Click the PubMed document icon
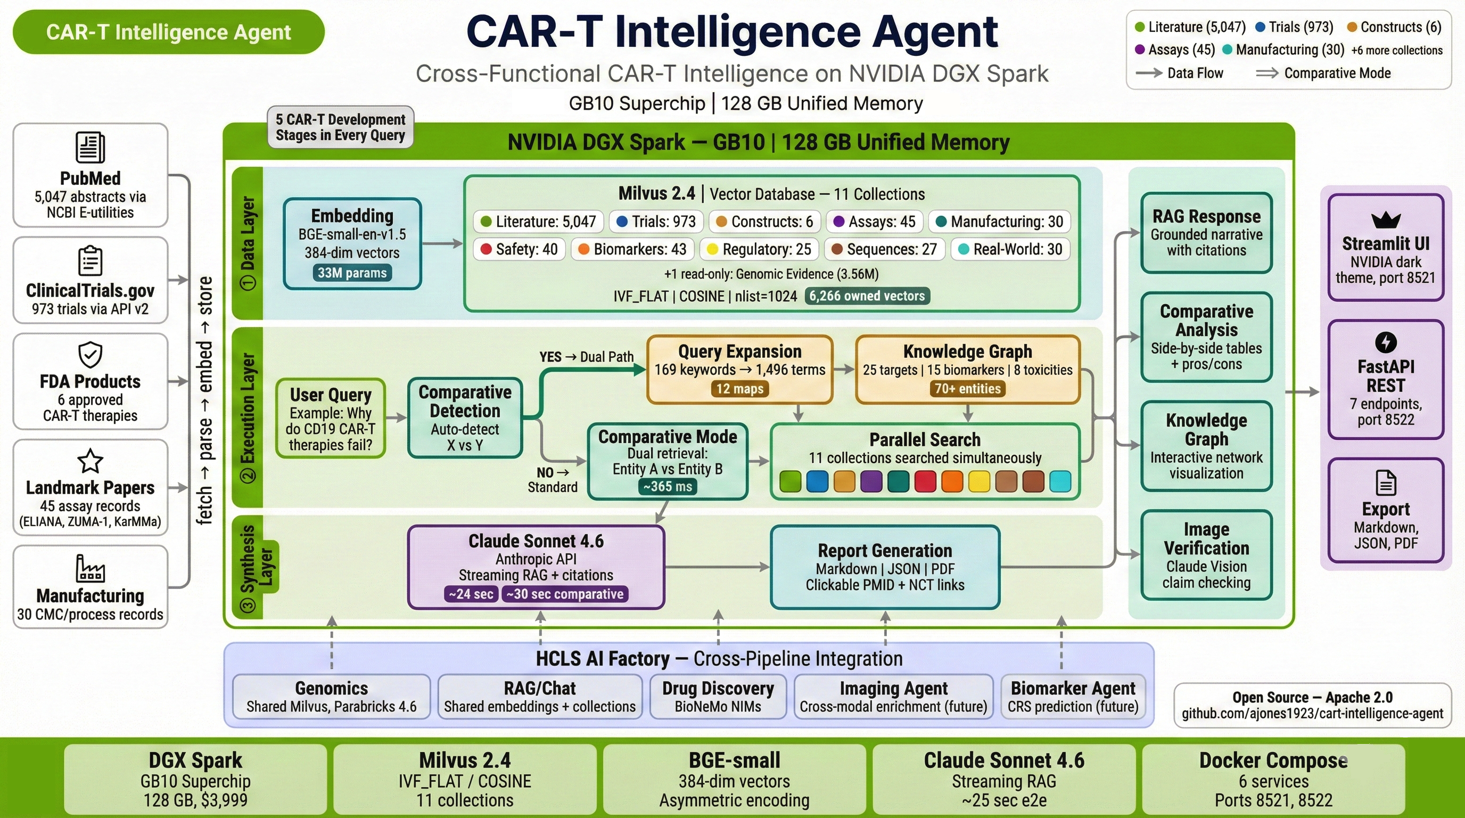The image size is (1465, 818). [x=90, y=148]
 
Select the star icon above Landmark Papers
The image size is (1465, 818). [x=90, y=461]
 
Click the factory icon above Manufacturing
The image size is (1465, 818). [x=90, y=568]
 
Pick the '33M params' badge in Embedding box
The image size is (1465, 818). [x=352, y=273]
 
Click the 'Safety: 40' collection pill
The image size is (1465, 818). [x=519, y=249]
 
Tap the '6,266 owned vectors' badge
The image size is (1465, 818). [x=867, y=296]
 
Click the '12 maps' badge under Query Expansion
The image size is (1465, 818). [x=739, y=389]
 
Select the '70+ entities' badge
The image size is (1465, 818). [x=967, y=389]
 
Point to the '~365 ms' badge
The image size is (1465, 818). [x=668, y=486]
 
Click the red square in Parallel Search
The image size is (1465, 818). [x=925, y=481]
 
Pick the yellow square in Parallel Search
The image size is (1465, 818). [x=979, y=481]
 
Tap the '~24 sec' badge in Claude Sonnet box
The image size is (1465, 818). [x=471, y=594]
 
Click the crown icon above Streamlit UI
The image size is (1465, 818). [x=1386, y=219]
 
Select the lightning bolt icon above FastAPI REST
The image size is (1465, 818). [x=1386, y=342]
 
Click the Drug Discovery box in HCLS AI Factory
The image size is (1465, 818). [x=718, y=696]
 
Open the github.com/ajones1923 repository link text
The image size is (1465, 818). [x=1312, y=713]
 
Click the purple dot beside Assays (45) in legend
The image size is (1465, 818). [x=1140, y=50]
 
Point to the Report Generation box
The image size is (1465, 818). [x=885, y=567]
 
